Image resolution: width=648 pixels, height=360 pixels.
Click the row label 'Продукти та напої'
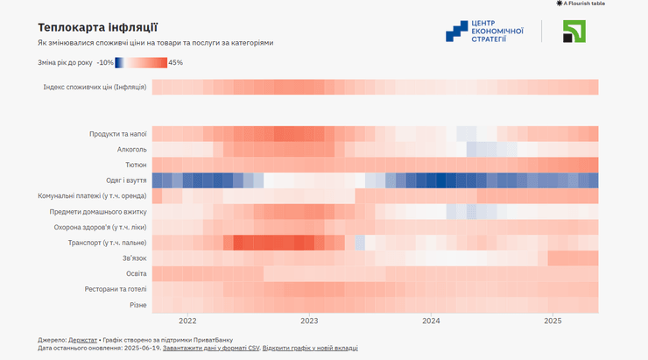click(x=117, y=134)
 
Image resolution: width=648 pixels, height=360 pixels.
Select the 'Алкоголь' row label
click(x=131, y=150)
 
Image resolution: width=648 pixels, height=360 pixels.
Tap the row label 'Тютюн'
click(x=136, y=165)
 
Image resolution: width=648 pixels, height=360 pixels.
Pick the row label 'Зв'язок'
click(x=134, y=258)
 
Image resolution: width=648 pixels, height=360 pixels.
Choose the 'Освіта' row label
click(x=135, y=273)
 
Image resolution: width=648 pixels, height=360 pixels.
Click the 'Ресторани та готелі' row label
click(x=115, y=289)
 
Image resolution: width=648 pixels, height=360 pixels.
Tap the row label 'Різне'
click(x=137, y=305)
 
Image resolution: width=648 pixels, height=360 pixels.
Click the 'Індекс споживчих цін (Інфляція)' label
click(x=95, y=87)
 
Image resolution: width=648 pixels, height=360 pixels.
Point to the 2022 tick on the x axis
click(x=187, y=321)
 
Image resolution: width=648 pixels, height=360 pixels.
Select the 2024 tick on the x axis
click(x=430, y=321)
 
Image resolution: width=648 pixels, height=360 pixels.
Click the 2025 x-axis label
click(x=552, y=321)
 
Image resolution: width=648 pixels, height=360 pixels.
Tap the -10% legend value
click(x=105, y=63)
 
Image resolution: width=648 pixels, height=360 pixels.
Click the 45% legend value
click(x=175, y=63)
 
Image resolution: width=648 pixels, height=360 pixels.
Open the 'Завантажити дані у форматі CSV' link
click(x=210, y=349)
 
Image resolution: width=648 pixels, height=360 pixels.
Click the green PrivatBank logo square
click(x=574, y=32)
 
